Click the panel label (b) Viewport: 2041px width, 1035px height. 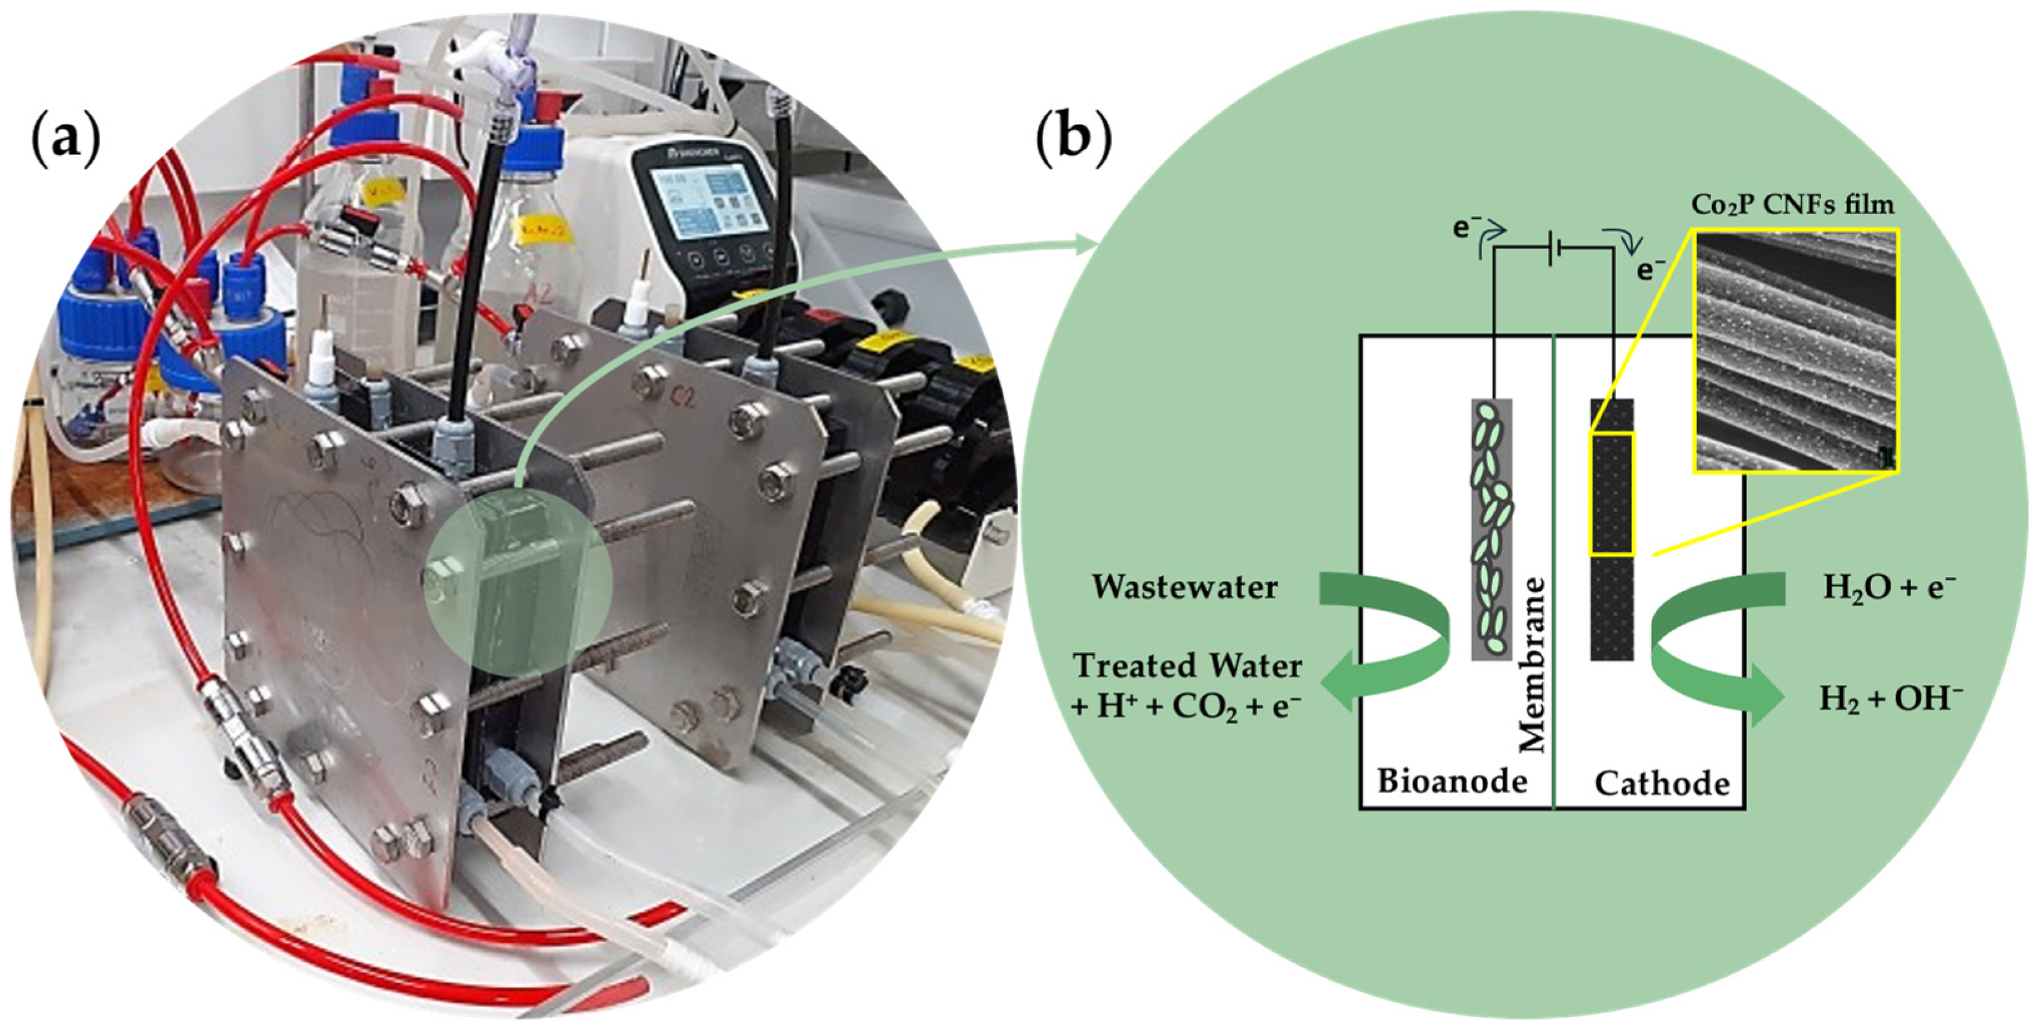(x=1074, y=141)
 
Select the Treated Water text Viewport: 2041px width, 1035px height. (x=1187, y=665)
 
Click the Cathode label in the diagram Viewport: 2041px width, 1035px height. (x=1662, y=783)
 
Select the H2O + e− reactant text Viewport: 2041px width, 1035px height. (x=1889, y=588)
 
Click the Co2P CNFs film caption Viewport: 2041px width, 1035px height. (x=1792, y=204)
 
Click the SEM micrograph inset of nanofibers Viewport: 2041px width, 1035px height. (x=1795, y=350)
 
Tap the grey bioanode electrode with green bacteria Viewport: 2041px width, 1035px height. (x=1491, y=530)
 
